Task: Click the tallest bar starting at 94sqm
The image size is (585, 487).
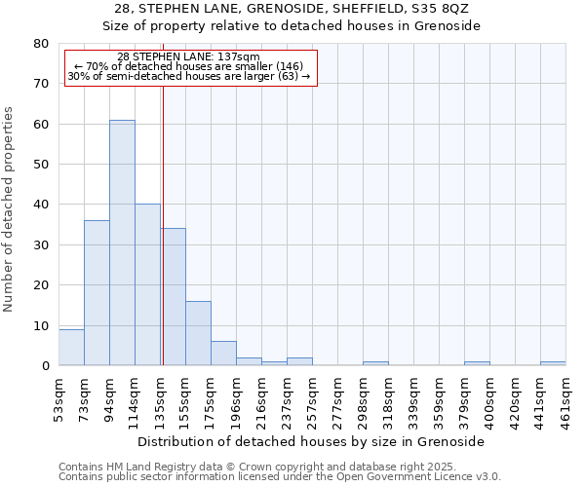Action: click(x=122, y=243)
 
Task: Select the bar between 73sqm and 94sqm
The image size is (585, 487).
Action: click(x=97, y=292)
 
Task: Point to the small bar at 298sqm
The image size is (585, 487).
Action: click(x=375, y=363)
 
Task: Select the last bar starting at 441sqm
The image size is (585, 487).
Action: click(x=553, y=363)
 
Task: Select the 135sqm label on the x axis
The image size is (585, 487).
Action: click(x=160, y=399)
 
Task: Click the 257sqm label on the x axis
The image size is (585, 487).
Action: click(x=312, y=399)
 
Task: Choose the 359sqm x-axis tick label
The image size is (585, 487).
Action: click(x=439, y=399)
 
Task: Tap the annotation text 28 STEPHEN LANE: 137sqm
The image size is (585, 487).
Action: click(x=188, y=57)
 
